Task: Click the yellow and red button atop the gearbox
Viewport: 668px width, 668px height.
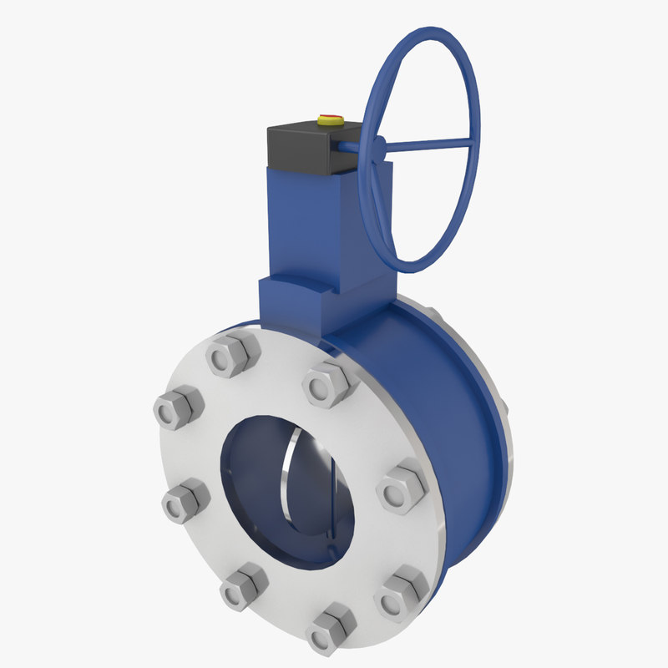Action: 331,120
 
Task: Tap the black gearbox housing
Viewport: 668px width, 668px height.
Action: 301,150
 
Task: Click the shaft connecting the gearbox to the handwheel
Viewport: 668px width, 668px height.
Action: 351,148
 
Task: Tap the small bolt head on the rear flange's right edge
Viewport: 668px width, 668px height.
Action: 504,408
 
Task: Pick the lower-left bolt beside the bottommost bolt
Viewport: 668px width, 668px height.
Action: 242,584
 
